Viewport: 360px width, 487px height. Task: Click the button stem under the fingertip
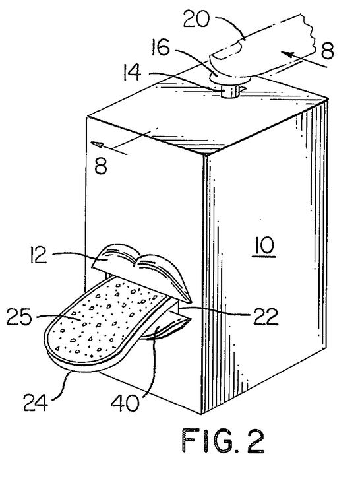pyautogui.click(x=228, y=88)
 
